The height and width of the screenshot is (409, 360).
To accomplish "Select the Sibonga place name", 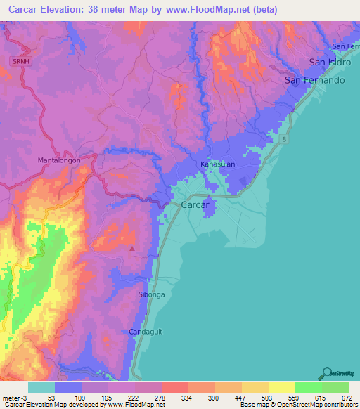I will (x=151, y=295).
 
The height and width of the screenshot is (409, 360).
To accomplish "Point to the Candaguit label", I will (x=146, y=331).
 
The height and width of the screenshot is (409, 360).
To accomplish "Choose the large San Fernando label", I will (x=315, y=81).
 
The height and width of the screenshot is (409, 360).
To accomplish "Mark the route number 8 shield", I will (x=285, y=141).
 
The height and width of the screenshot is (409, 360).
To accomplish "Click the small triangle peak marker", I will (x=132, y=247).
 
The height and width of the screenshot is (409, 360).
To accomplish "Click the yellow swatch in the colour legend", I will (x=282, y=387).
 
